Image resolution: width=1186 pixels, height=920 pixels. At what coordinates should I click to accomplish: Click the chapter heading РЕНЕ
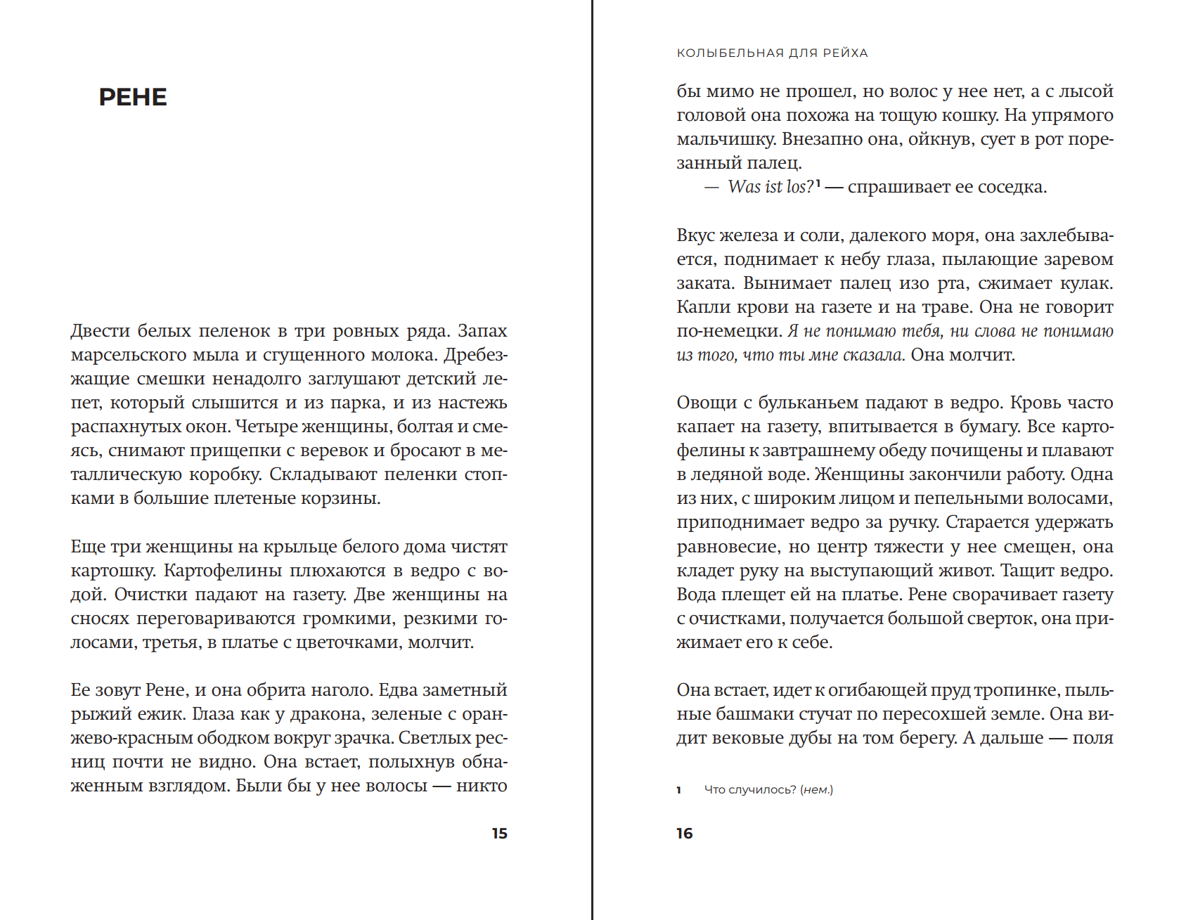[133, 97]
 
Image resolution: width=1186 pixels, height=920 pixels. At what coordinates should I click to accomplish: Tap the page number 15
[499, 834]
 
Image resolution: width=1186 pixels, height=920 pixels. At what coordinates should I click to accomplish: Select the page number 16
[685, 834]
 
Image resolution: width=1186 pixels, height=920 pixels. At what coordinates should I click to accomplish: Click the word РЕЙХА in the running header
[845, 53]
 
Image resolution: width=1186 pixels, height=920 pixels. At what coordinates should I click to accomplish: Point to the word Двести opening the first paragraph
[101, 331]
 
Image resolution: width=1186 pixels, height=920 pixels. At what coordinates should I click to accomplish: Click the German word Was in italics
[745, 187]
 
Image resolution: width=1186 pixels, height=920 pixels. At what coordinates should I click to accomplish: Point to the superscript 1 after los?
[818, 183]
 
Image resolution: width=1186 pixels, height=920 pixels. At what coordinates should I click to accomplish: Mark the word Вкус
[699, 235]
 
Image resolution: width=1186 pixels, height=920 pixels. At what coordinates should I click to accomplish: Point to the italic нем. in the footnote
[816, 790]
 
